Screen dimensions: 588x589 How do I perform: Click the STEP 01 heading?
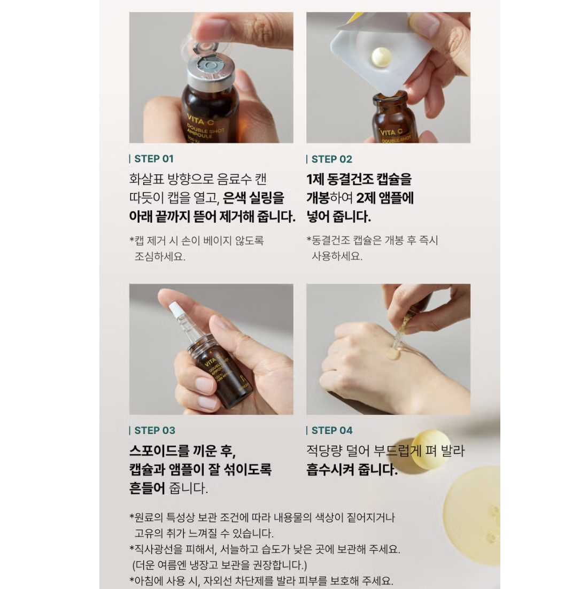tap(154, 159)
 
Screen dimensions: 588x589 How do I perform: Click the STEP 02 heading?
tap(332, 159)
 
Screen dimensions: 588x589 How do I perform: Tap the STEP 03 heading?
tap(155, 430)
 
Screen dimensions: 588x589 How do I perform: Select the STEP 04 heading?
tap(332, 430)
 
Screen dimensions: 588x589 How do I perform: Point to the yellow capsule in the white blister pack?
tap(382, 58)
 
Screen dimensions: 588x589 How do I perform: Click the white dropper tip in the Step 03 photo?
tap(175, 309)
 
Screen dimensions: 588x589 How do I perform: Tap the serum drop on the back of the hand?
tap(394, 354)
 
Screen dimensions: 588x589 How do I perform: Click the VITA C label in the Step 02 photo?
tap(391, 132)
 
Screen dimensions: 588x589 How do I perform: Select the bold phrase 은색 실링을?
tap(253, 198)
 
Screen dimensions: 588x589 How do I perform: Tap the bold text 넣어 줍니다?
tap(338, 217)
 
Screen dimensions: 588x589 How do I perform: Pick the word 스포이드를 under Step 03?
tap(159, 451)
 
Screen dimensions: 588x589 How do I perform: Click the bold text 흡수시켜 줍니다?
tap(352, 470)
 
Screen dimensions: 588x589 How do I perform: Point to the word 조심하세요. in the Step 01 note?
tap(160, 257)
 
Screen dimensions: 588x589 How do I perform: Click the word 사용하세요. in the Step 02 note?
tap(337, 256)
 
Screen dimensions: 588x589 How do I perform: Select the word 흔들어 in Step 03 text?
tap(147, 489)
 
